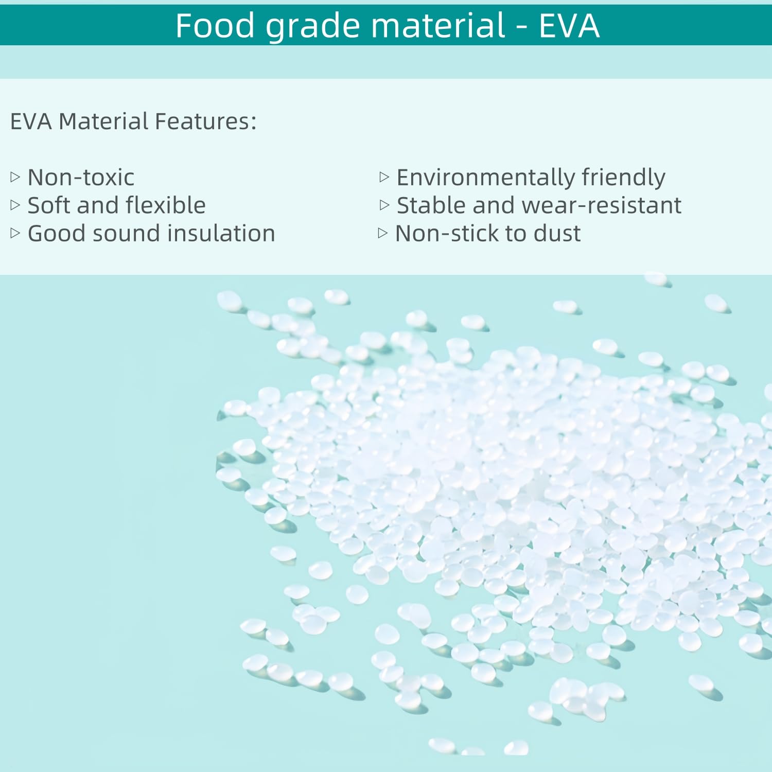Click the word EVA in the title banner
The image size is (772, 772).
tap(569, 25)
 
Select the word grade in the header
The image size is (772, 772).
tap(313, 27)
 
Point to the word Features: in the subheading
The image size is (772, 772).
tap(205, 121)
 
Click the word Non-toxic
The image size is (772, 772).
tap(81, 178)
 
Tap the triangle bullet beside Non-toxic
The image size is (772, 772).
tap(15, 178)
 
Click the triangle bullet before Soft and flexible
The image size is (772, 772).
tap(15, 205)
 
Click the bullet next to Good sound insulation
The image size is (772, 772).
tap(15, 233)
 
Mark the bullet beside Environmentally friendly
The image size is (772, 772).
tap(384, 178)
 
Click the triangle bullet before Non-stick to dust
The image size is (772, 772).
tap(382, 233)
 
